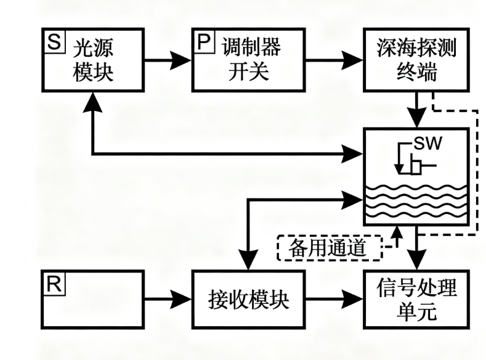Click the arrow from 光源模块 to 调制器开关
coord(166,60)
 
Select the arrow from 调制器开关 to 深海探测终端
coord(338,60)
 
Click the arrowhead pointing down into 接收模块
coord(248,263)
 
